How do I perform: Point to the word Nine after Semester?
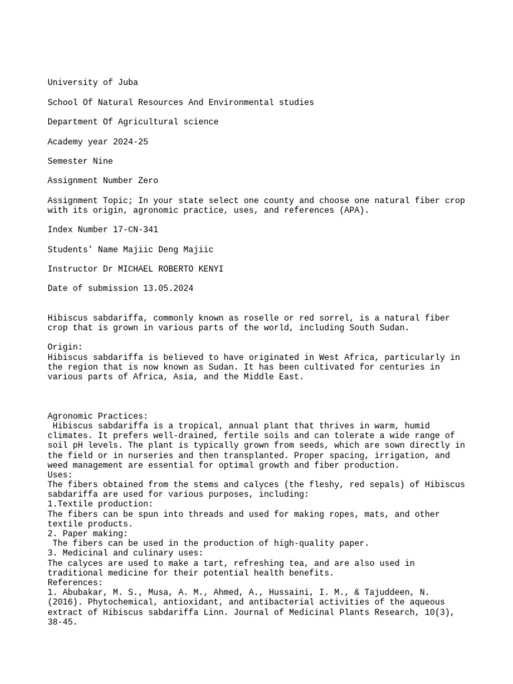coord(103,161)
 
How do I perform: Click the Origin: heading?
coord(65,347)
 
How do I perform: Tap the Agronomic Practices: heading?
coord(98,416)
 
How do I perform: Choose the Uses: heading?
coord(60,475)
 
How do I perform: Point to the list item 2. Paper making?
coord(87,534)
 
